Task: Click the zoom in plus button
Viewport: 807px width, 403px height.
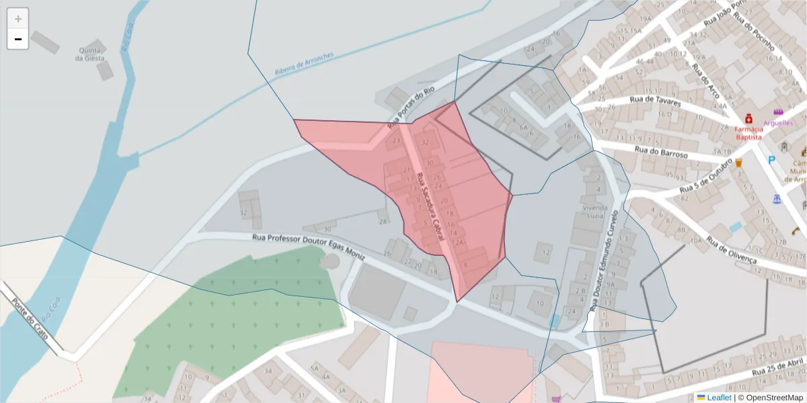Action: (x=18, y=19)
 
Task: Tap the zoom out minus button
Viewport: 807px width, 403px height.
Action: (x=18, y=39)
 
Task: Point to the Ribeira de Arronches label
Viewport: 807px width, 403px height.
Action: (x=304, y=66)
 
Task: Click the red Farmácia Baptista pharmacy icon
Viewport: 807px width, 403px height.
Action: (x=748, y=118)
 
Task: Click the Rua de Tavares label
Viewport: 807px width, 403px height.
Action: (x=655, y=101)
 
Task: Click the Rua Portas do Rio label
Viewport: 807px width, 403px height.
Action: (x=411, y=107)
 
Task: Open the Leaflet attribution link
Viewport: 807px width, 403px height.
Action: (x=718, y=398)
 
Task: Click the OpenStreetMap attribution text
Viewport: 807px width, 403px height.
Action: (x=771, y=398)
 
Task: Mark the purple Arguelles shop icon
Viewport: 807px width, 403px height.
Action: (x=779, y=111)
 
